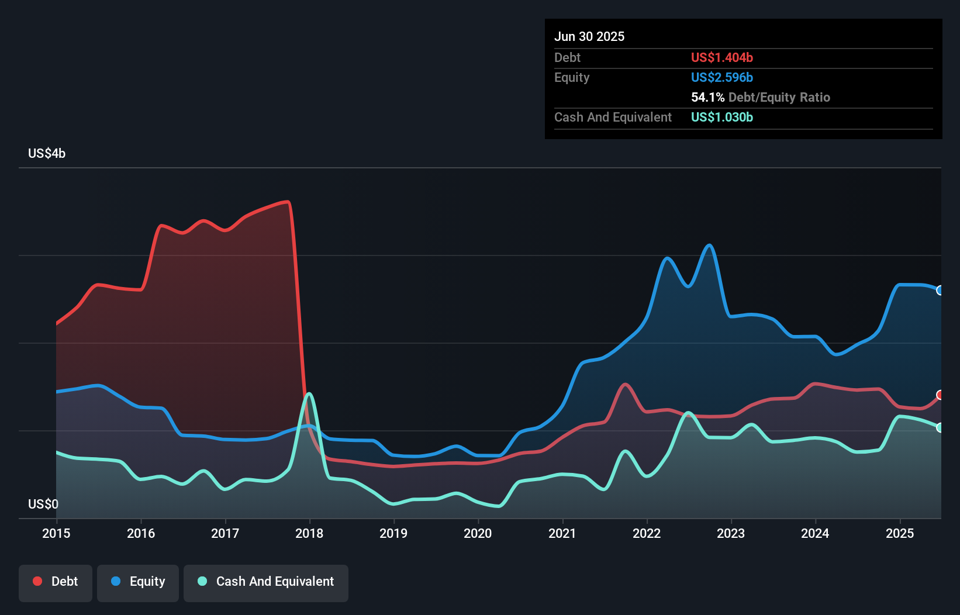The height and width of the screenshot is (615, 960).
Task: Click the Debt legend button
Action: (x=56, y=582)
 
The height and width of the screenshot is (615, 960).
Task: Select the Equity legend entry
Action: (x=138, y=582)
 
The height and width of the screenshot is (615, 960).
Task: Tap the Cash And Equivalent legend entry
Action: (x=266, y=582)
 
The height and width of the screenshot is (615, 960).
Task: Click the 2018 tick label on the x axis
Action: (x=309, y=533)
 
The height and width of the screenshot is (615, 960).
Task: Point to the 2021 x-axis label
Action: (x=562, y=533)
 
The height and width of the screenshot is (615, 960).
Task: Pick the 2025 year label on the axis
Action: (x=899, y=533)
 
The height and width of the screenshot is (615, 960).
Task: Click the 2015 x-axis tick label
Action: (x=56, y=533)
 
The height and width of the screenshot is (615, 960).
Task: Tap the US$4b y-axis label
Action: (x=47, y=154)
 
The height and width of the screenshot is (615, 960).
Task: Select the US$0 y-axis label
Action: (x=43, y=504)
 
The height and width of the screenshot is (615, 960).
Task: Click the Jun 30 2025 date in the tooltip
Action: (x=589, y=37)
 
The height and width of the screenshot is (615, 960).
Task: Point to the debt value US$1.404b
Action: (x=722, y=58)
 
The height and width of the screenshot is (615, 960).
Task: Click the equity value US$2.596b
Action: (x=722, y=78)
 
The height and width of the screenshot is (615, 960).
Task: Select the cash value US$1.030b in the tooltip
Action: (x=722, y=118)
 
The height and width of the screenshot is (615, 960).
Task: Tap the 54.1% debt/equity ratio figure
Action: (x=707, y=98)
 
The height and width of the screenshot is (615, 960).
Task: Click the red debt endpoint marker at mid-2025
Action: (x=940, y=395)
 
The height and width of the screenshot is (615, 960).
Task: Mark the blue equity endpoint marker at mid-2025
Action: (x=940, y=291)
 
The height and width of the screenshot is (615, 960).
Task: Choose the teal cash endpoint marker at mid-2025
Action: (x=940, y=428)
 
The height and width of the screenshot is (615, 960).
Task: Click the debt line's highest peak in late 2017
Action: (x=287, y=202)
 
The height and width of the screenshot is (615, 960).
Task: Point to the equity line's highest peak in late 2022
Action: (x=709, y=246)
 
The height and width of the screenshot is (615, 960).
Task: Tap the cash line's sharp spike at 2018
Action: (x=309, y=393)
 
